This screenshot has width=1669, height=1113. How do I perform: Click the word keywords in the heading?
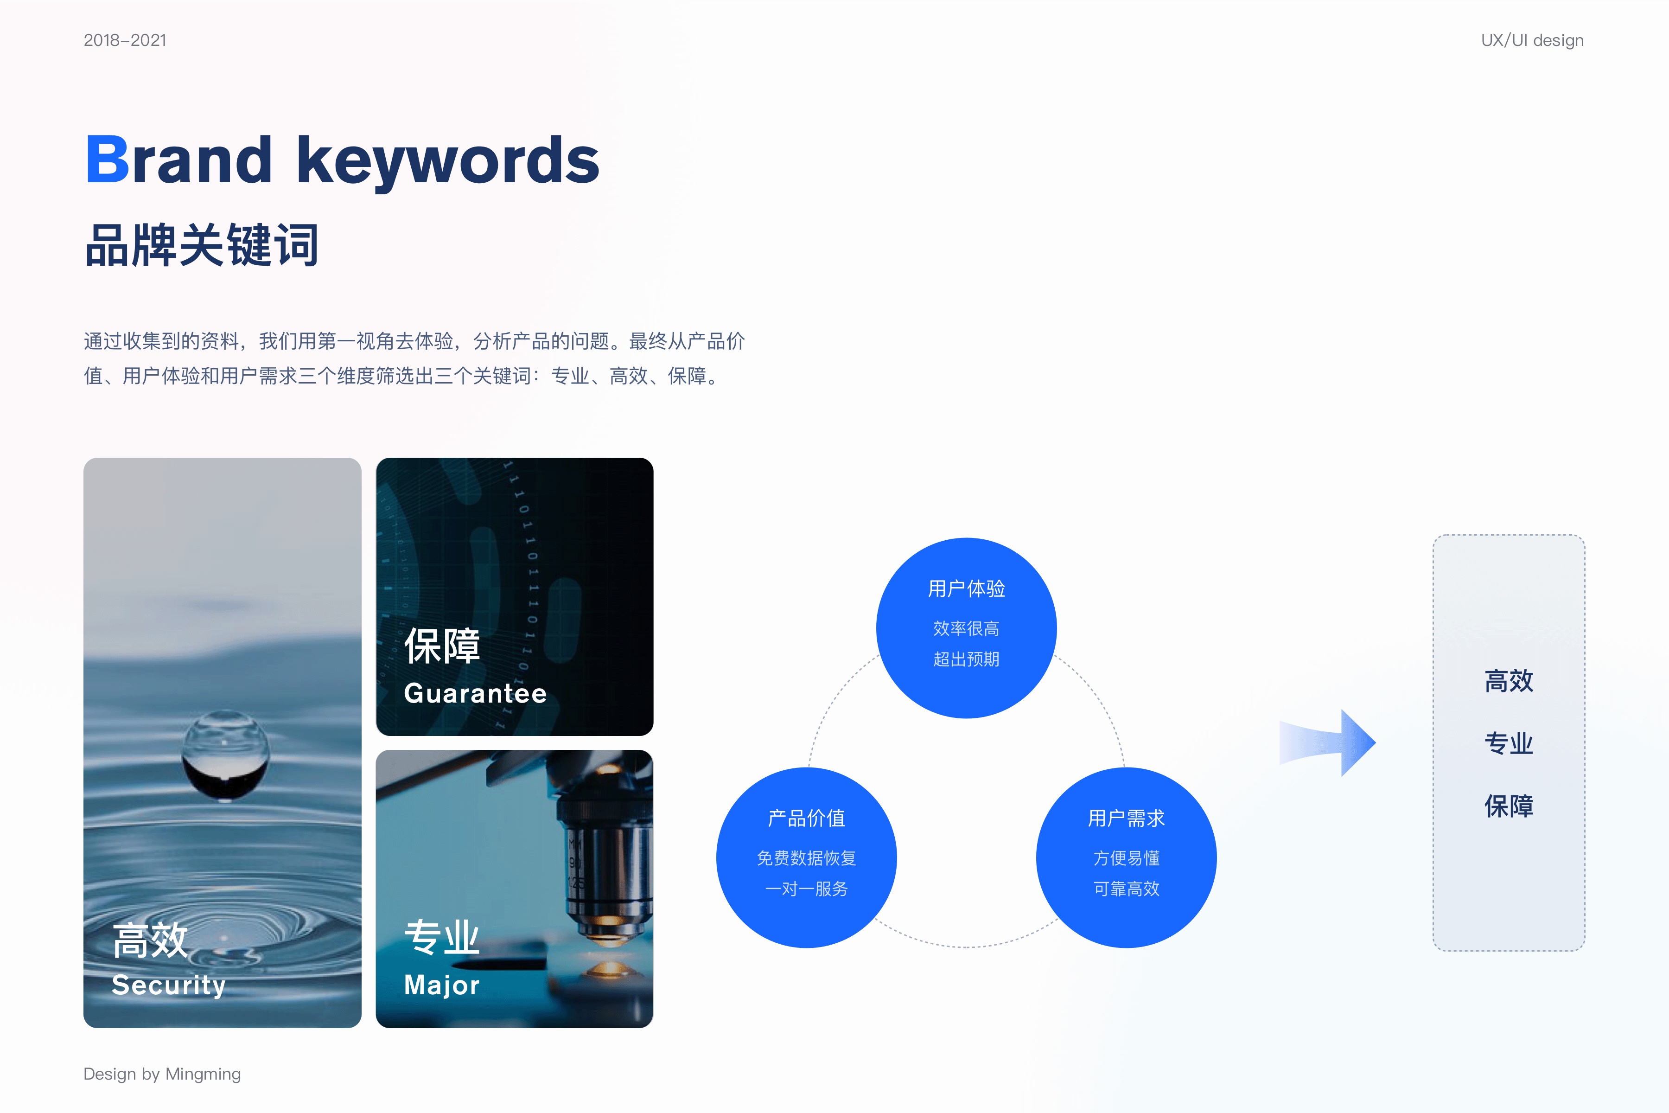(x=448, y=163)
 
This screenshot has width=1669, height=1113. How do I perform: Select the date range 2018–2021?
(x=125, y=40)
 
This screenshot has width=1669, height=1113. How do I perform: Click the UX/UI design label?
(x=1532, y=40)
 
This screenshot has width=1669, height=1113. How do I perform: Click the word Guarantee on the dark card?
(x=476, y=693)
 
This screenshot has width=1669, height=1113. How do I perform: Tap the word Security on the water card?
(x=169, y=985)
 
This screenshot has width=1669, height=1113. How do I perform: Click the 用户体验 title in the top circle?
(x=967, y=588)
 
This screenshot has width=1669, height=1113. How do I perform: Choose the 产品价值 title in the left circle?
(x=806, y=819)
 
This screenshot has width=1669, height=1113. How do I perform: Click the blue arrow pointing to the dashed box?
(x=1327, y=742)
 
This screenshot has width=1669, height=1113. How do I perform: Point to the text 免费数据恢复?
(x=806, y=858)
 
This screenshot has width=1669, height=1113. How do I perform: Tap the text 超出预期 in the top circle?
(x=967, y=659)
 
